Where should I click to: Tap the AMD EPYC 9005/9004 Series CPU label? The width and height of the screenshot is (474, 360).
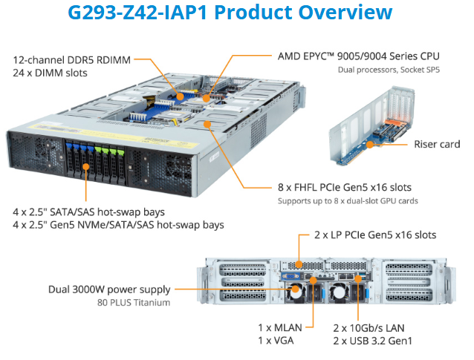click(x=358, y=56)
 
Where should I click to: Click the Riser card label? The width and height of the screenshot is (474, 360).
click(x=437, y=144)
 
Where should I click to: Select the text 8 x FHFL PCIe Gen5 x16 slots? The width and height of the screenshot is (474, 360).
click(x=345, y=187)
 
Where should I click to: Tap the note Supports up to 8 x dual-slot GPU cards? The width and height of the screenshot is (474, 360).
click(x=348, y=200)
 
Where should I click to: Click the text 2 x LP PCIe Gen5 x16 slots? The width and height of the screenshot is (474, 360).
click(x=374, y=235)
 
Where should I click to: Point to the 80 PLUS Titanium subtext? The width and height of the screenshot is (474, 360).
click(x=134, y=303)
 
